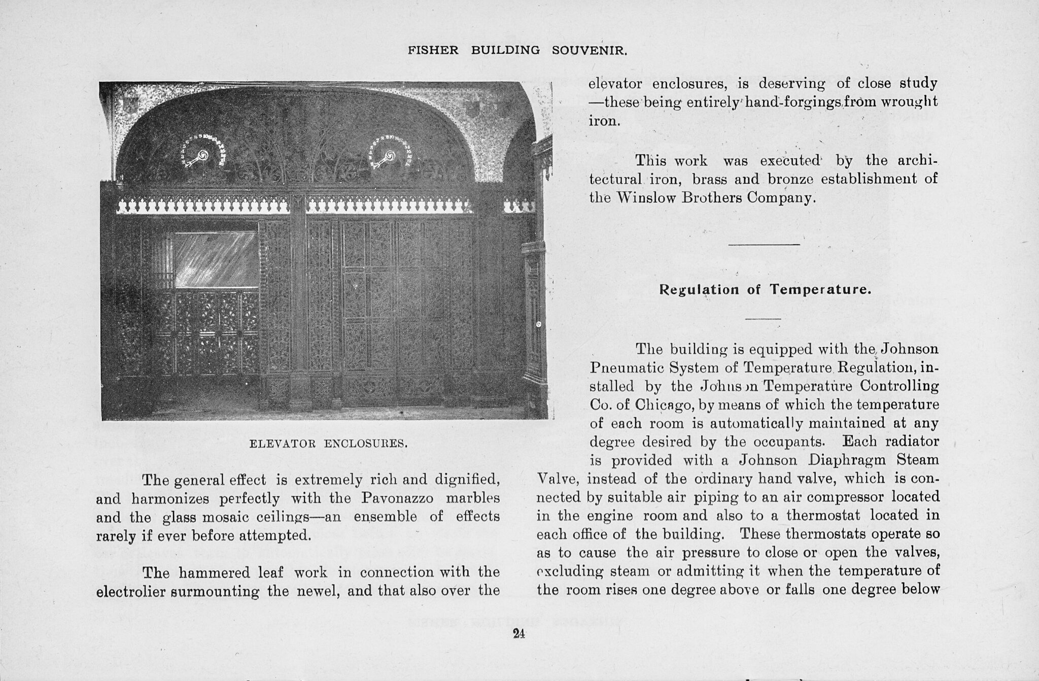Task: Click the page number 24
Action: [518, 633]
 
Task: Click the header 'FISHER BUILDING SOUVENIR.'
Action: [518, 51]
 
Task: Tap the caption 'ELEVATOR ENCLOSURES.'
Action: [329, 444]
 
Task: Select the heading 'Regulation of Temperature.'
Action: [765, 290]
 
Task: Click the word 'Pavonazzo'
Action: [397, 498]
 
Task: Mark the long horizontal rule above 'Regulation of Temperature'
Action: [764, 245]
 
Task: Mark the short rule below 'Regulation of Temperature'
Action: [763, 319]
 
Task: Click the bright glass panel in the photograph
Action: [216, 259]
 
